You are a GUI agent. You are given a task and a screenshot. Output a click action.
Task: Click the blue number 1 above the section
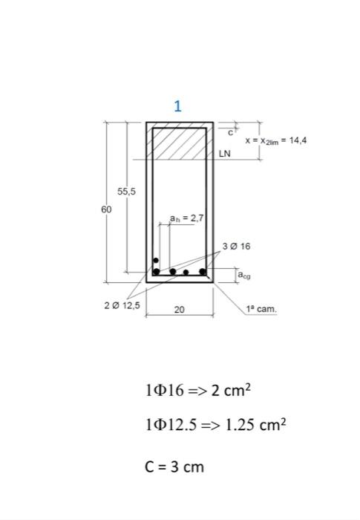[177, 105]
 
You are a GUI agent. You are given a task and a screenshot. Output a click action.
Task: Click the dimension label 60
[107, 209]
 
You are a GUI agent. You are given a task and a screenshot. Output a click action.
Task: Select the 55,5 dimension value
[127, 192]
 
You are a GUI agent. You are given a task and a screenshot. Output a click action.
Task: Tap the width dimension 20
[179, 309]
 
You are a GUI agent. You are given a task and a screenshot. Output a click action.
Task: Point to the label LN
[226, 155]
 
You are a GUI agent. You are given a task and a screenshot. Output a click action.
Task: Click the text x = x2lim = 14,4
[275, 140]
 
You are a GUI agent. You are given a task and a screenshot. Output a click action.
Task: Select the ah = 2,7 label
[186, 218]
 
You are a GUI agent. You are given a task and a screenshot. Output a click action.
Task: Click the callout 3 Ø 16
[236, 246]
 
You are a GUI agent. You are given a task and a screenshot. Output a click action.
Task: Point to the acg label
[243, 275]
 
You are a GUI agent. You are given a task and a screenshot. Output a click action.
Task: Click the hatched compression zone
[178, 143]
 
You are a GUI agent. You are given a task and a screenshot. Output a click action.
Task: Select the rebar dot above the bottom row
[156, 260]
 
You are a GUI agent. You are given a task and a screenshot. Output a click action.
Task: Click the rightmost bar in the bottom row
[202, 271]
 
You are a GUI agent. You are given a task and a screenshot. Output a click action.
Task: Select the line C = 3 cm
[174, 467]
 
